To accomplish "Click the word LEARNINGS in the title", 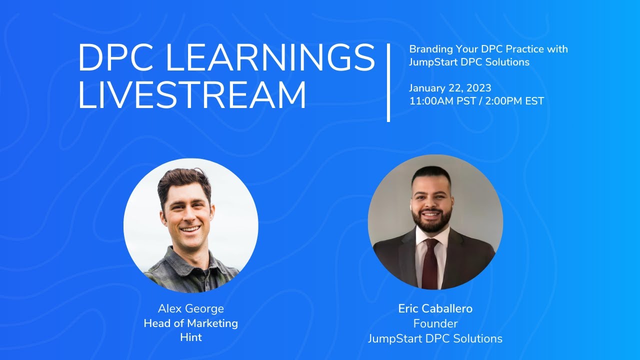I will (x=270, y=58).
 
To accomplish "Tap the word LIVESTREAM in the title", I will (x=192, y=95).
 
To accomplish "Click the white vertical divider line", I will (x=388, y=82).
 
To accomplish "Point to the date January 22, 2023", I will (x=450, y=88).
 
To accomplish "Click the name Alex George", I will (x=190, y=309).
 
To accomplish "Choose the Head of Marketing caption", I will (x=190, y=323).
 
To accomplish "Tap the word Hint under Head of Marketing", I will (x=190, y=337).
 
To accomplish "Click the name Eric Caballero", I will (x=435, y=309).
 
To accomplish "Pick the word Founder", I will (x=435, y=323).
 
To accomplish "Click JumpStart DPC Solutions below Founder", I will (x=435, y=338).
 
